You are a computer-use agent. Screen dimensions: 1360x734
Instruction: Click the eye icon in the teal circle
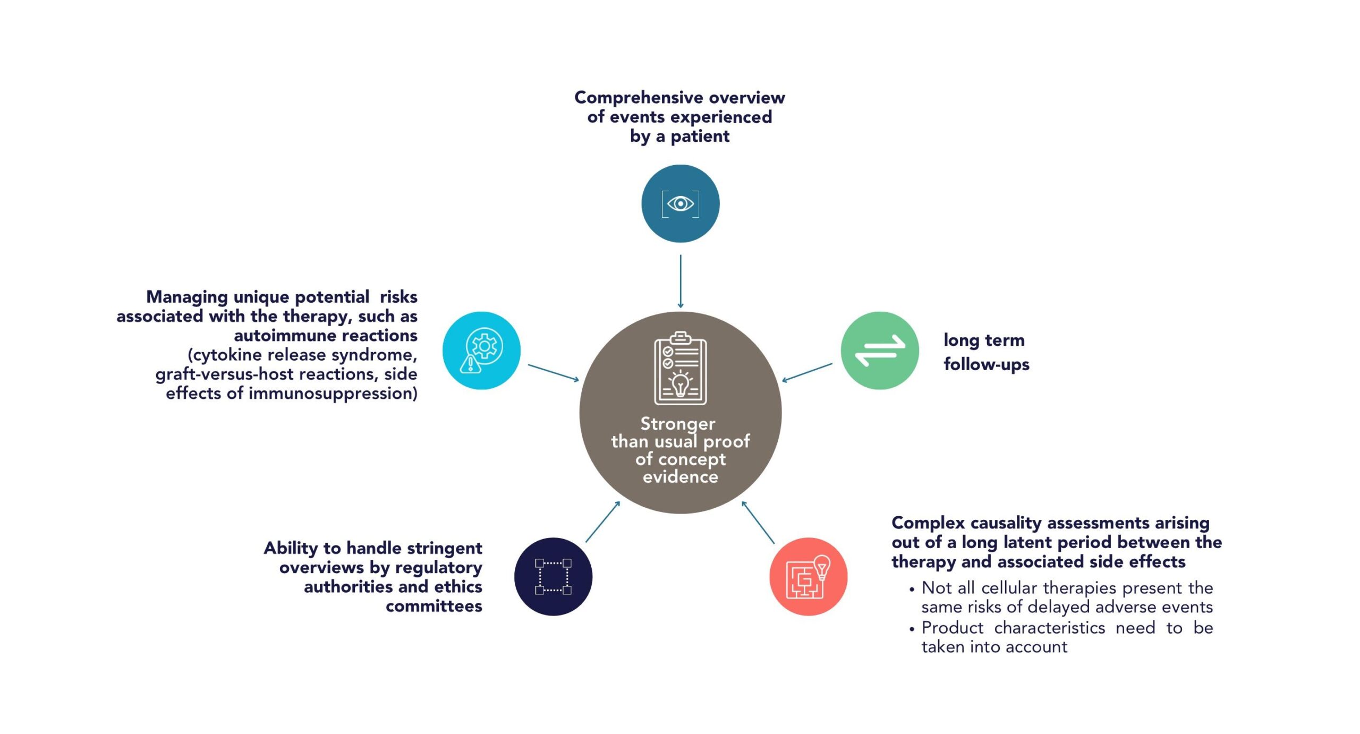[x=680, y=203]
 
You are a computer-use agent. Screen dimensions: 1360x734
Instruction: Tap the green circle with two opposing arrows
[x=879, y=351]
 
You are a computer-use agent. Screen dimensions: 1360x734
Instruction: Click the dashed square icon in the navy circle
[x=553, y=576]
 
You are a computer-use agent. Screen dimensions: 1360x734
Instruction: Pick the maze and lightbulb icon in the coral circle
[x=808, y=577]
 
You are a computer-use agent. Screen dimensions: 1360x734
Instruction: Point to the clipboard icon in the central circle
[x=680, y=369]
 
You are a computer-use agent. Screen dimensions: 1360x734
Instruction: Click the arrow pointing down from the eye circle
[x=681, y=281]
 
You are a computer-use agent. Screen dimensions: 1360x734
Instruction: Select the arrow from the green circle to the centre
[x=807, y=372]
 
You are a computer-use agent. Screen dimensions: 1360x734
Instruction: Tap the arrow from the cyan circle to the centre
[x=553, y=373]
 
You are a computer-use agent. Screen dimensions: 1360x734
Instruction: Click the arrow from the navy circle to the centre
[x=603, y=522]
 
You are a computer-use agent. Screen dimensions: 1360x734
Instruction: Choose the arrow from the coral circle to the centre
[x=758, y=522]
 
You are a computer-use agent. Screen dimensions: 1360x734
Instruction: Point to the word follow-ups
[x=987, y=365]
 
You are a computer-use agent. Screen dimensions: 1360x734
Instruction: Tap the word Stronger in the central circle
[x=678, y=424]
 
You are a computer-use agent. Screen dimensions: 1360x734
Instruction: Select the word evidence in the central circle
[x=681, y=476]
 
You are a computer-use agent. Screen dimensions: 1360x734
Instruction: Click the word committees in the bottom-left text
[x=434, y=606]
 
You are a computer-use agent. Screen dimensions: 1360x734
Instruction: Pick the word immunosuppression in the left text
[x=333, y=394]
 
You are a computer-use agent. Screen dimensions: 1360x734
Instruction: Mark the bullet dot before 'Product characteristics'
[x=912, y=629]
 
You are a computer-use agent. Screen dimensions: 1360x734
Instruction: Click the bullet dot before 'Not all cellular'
[x=912, y=590]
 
